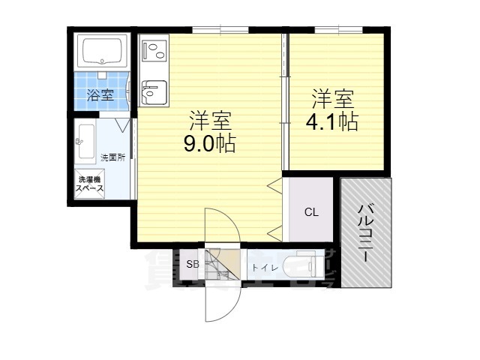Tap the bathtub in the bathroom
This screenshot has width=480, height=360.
[x=104, y=52]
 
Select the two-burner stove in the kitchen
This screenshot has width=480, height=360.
[x=154, y=51]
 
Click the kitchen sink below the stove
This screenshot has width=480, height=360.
[x=153, y=93]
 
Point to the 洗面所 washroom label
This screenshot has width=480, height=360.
[x=112, y=157]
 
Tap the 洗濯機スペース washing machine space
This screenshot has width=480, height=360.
[x=89, y=184]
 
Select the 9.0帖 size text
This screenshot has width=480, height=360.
[x=210, y=144]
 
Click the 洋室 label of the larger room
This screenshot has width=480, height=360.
[x=210, y=120]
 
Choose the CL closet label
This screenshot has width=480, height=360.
[x=311, y=212]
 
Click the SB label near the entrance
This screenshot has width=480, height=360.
[x=193, y=265]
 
